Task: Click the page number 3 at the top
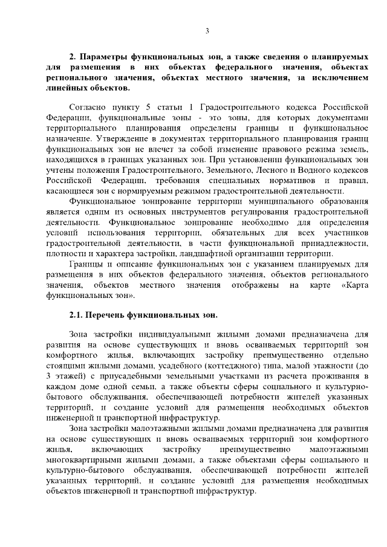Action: (207, 31)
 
